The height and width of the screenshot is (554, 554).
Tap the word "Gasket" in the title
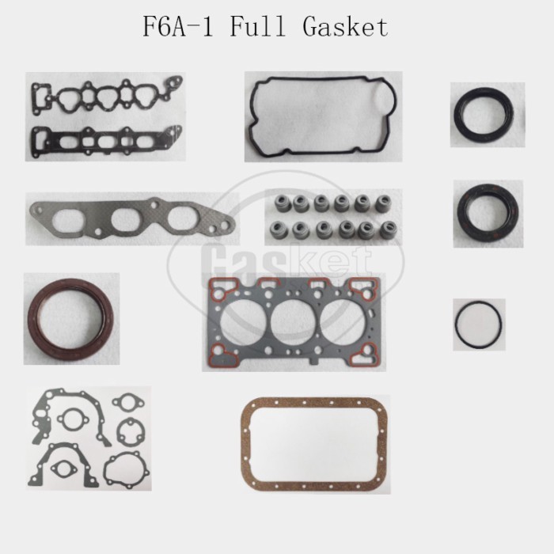coord(346,27)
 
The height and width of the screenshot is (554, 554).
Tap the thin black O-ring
coord(478,324)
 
